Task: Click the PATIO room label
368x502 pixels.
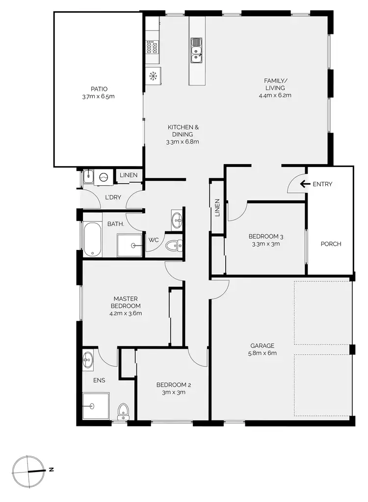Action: tap(99, 89)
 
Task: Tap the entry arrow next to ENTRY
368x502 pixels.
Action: tap(305, 184)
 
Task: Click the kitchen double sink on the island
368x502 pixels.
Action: tap(196, 51)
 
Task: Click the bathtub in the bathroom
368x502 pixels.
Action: tap(92, 240)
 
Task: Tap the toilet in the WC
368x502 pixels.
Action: tap(173, 245)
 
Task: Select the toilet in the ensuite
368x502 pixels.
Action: tap(123, 410)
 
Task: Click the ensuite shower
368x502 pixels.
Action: tap(94, 406)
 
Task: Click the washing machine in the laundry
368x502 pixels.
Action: tap(104, 177)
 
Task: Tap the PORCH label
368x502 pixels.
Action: tap(331, 244)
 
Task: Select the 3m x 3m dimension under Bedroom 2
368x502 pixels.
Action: tap(171, 392)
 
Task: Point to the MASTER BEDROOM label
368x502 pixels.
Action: tap(126, 302)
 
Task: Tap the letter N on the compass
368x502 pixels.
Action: tap(51, 470)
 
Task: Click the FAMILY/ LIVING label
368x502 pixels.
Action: tap(278, 84)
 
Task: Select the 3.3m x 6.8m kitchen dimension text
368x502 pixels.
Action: tap(182, 142)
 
